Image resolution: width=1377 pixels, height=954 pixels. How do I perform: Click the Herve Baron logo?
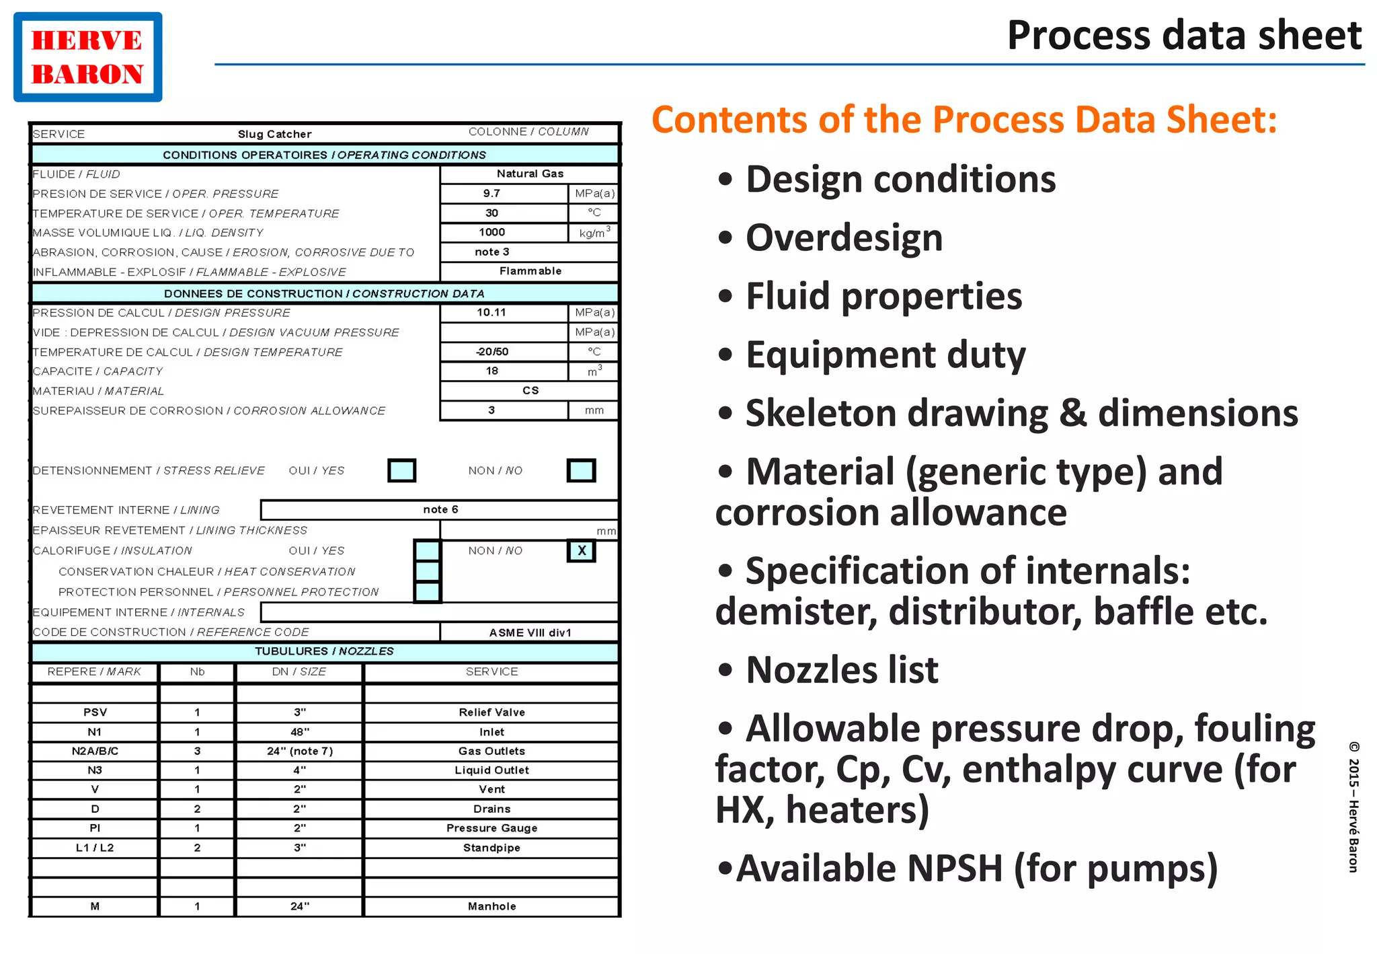pyautogui.click(x=87, y=57)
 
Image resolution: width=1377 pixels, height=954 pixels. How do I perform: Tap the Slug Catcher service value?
pyautogui.click(x=274, y=134)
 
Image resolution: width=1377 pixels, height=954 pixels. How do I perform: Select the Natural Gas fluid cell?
pyautogui.click(x=529, y=174)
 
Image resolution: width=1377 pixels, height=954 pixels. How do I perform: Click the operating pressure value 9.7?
pyautogui.click(x=491, y=194)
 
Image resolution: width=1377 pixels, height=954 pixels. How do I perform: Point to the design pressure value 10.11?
pyautogui.click(x=491, y=313)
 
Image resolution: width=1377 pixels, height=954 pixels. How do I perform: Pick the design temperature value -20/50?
pyautogui.click(x=492, y=352)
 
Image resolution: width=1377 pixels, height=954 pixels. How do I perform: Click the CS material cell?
pyautogui.click(x=530, y=391)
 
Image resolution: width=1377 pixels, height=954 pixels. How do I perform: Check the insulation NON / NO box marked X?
pyautogui.click(x=582, y=551)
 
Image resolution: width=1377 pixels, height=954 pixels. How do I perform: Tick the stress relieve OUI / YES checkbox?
pyautogui.click(x=401, y=470)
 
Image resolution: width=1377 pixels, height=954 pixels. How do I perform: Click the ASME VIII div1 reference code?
pyautogui.click(x=529, y=632)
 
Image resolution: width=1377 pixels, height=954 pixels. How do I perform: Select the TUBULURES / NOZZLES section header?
pyautogui.click(x=324, y=651)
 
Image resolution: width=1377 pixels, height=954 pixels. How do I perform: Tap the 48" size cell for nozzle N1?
pyautogui.click(x=299, y=732)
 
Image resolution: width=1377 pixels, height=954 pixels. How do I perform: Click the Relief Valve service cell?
pyautogui.click(x=491, y=712)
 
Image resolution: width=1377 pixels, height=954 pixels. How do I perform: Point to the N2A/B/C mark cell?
pyautogui.click(x=95, y=751)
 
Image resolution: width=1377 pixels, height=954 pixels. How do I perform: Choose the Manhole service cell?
pyautogui.click(x=491, y=906)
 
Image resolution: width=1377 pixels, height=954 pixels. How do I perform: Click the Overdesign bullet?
pyautogui.click(x=843, y=238)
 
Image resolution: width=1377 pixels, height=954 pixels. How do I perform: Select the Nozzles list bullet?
pyautogui.click(x=841, y=670)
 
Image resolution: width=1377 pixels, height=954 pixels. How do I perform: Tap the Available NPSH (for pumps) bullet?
pyautogui.click(x=976, y=868)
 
